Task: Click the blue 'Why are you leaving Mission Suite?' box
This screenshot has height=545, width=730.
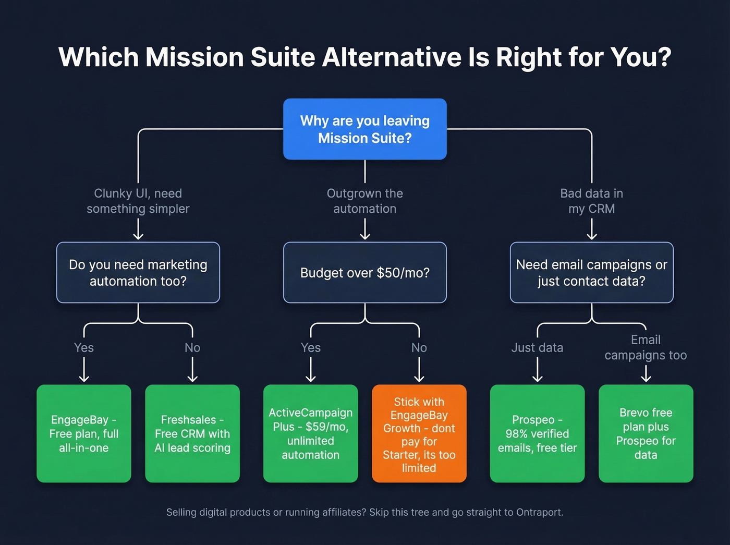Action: (365, 129)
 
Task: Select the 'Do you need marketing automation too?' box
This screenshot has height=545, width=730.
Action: (138, 272)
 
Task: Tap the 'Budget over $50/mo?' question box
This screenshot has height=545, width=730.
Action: (365, 272)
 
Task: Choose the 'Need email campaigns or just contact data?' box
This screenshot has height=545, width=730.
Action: (591, 272)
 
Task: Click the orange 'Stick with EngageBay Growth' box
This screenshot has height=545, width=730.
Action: (419, 434)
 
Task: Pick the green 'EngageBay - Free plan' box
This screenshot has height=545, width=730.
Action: (84, 434)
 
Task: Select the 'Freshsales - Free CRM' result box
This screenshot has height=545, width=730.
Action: (192, 434)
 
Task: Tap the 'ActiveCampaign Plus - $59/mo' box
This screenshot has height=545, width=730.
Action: (310, 434)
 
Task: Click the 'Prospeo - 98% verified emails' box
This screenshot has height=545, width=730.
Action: (537, 434)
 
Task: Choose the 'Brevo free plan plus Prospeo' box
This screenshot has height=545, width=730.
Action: (646, 434)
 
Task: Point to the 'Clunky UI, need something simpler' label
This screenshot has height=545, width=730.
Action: (138, 201)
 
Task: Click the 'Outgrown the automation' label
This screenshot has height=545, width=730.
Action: (365, 201)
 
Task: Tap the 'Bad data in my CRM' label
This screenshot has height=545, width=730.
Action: (591, 201)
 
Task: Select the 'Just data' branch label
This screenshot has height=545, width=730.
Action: (537, 347)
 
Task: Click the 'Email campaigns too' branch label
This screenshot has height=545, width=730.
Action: (646, 347)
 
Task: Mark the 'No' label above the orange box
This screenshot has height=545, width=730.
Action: (419, 347)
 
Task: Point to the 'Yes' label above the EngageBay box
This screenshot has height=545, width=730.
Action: (84, 347)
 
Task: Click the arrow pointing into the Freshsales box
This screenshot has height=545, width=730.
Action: (192, 371)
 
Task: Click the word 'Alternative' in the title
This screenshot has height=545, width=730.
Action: (392, 57)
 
